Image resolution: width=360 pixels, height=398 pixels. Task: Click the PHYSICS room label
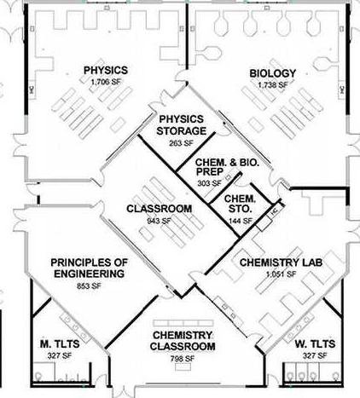click(x=106, y=70)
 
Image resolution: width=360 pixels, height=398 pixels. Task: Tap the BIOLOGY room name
click(x=273, y=73)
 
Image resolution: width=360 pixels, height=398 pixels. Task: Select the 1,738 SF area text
click(x=273, y=84)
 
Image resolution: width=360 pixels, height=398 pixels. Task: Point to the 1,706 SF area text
click(x=106, y=82)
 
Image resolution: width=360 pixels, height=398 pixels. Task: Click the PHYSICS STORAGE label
click(x=182, y=125)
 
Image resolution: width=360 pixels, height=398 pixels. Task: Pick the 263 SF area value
click(x=181, y=143)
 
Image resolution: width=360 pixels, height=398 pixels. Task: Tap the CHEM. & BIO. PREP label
click(x=227, y=167)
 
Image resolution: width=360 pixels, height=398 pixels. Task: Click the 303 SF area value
click(x=210, y=183)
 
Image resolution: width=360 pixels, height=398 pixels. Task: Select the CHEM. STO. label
click(x=240, y=204)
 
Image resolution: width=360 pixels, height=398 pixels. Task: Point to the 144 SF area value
click(x=241, y=221)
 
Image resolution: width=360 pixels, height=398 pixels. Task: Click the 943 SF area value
click(x=160, y=221)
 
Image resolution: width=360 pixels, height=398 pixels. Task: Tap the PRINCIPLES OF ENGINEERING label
click(x=90, y=268)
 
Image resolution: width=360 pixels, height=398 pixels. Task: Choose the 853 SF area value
click(x=89, y=286)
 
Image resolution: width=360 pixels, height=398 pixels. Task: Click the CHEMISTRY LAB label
click(x=281, y=262)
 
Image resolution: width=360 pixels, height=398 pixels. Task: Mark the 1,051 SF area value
click(x=281, y=274)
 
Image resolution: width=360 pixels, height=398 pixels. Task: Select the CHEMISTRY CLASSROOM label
click(x=183, y=341)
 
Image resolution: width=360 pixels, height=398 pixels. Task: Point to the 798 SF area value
click(x=183, y=359)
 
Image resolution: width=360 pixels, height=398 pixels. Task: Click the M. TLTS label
click(x=60, y=344)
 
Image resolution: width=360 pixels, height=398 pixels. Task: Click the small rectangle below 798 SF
click(x=183, y=367)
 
